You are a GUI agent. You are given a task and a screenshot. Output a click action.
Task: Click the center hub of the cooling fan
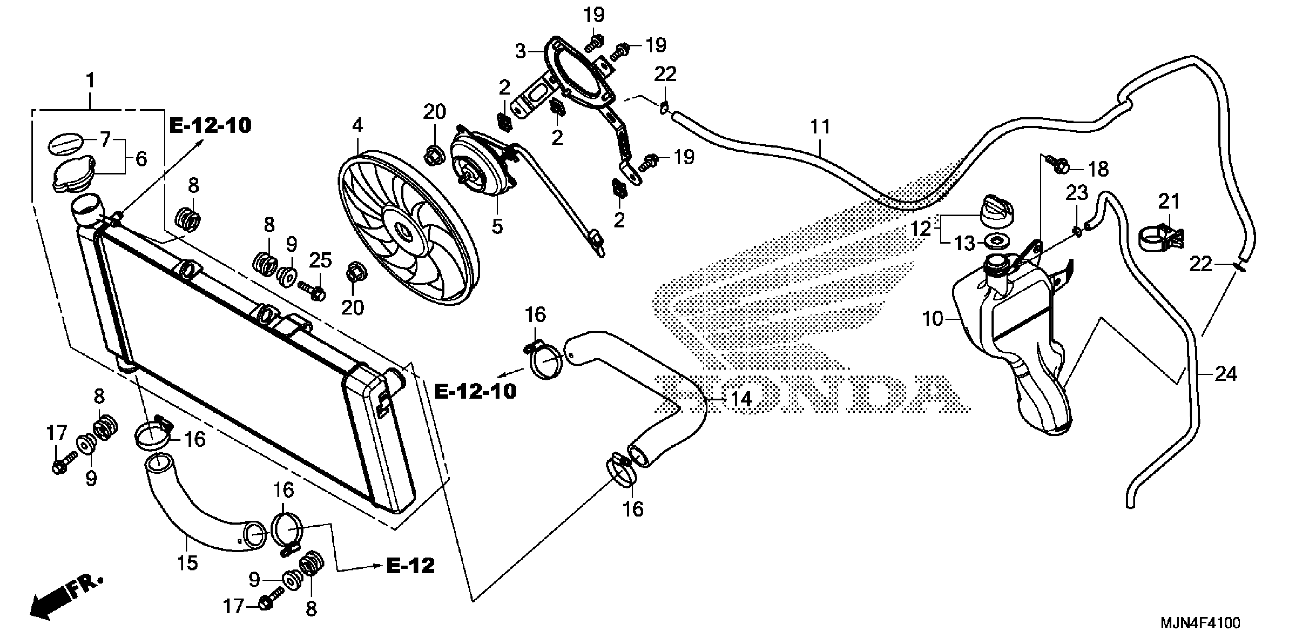tap(403, 231)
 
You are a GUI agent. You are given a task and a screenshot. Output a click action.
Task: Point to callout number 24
tap(1225, 374)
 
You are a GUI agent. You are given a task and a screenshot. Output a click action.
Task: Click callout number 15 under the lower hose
tap(187, 563)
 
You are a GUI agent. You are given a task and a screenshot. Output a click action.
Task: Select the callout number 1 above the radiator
tap(91, 80)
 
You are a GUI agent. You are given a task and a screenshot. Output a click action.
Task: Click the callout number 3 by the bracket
tap(521, 51)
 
